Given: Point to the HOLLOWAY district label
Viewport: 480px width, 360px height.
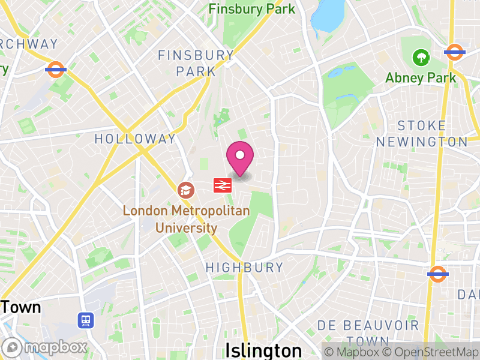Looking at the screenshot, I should (x=136, y=139).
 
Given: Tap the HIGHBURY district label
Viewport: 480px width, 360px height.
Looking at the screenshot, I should (x=244, y=268).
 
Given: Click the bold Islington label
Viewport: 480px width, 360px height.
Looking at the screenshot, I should (x=263, y=350).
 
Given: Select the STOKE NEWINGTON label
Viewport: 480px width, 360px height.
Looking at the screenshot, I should (x=421, y=134).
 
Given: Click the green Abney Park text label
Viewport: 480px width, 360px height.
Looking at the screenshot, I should (x=421, y=78).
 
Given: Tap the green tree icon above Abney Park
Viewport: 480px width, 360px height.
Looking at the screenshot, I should (x=421, y=58).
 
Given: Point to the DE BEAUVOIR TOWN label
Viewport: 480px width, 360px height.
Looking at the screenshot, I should (x=368, y=332).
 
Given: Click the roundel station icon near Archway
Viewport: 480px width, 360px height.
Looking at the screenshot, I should (x=55, y=69).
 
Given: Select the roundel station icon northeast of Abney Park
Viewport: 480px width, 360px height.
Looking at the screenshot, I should (x=455, y=52).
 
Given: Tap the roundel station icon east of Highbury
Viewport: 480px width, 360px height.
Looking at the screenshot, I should (x=437, y=274).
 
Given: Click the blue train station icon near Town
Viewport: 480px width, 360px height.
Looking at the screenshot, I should (x=86, y=320).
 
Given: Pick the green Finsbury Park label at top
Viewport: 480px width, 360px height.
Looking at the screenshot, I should (x=252, y=9).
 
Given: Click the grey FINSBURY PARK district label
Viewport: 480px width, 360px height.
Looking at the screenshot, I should (x=196, y=63).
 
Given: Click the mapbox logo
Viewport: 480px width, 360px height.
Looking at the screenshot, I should (x=45, y=347).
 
